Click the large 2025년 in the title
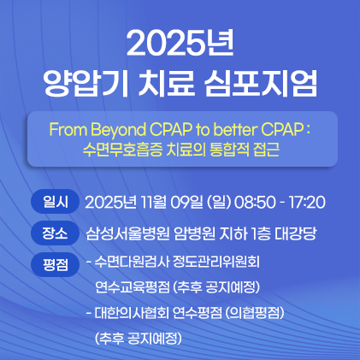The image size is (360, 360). tap(180, 44)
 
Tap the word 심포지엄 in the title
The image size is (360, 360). tap(260, 82)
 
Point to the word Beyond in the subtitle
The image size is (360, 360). tap(119, 131)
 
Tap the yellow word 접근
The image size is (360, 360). tap(267, 150)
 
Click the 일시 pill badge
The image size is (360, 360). tap(55, 201)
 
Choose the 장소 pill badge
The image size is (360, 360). tap(55, 233)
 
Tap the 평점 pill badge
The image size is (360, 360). tap(55, 264)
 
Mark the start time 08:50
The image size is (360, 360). tap(255, 203)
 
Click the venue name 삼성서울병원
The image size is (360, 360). tap(127, 234)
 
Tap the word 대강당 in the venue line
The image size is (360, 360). tap(296, 234)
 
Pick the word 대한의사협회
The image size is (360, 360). tap(132, 313)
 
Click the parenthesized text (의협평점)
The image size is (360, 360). tap(255, 313)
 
